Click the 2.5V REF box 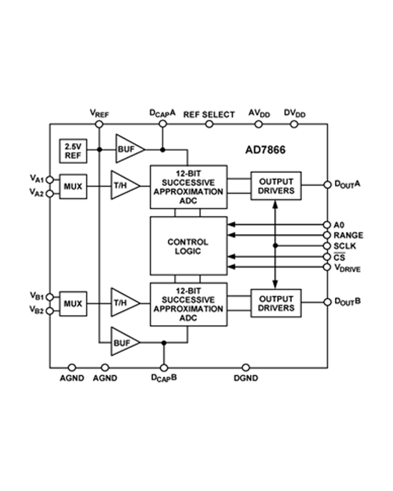pos(73,151)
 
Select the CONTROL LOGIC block pos(188,246)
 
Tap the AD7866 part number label pos(265,150)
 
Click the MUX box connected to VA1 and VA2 pos(73,187)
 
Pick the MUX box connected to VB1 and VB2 pos(73,303)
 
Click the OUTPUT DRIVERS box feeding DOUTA pos(276,186)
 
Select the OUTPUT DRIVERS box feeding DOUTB pos(276,303)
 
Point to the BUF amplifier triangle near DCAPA pos(127,149)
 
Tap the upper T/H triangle pos(122,185)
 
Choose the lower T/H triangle pos(122,303)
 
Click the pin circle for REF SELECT pos(209,124)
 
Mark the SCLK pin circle pos(327,246)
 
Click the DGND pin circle pos(246,367)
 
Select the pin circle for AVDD pos(258,124)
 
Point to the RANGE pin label pos(348,235)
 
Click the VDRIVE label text pos(347,268)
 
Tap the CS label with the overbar pos(339,258)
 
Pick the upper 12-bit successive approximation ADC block pos(188,187)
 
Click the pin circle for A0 pos(327,225)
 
